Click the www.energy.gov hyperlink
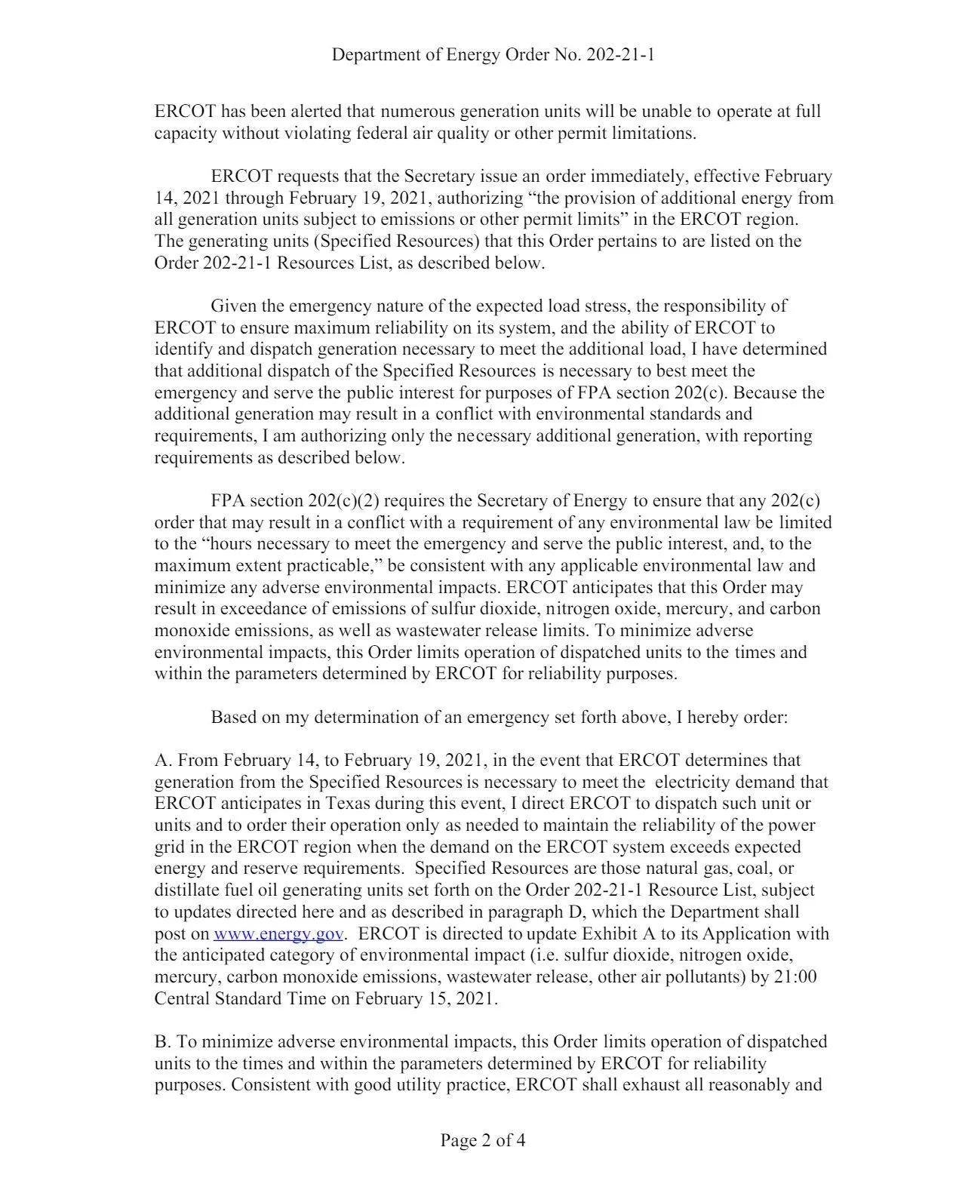click(x=279, y=934)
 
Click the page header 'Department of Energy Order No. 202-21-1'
click(x=493, y=54)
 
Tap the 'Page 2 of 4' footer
click(x=483, y=1139)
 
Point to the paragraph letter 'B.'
click(x=164, y=1042)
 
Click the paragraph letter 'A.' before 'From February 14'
click(x=164, y=760)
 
